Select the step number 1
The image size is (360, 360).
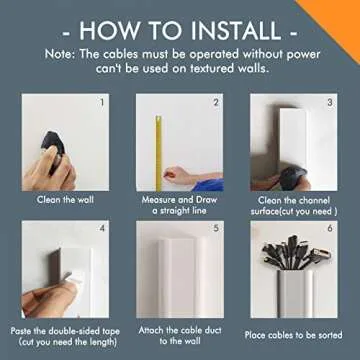tap(100, 102)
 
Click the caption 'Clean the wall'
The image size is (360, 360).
tap(64, 199)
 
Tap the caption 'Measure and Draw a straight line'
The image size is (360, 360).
tap(179, 204)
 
